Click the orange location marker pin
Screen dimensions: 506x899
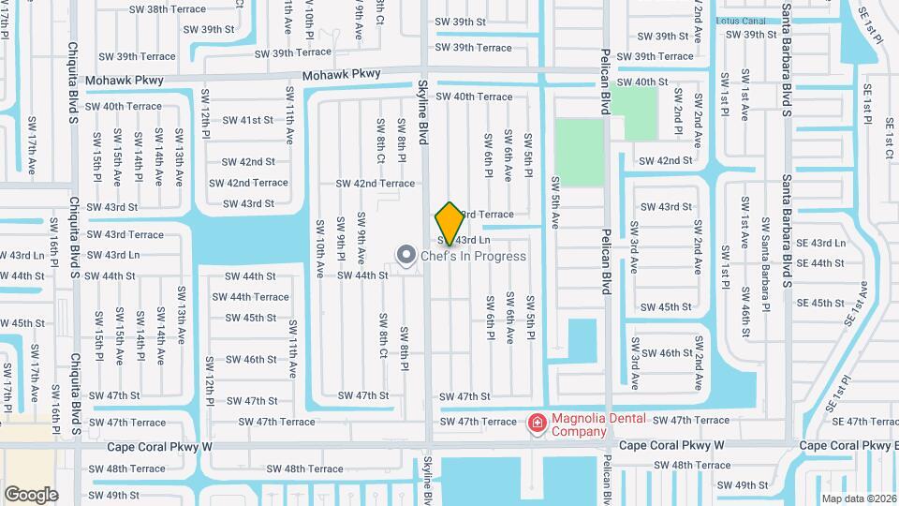[x=449, y=223]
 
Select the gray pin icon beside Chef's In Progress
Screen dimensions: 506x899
[x=405, y=255]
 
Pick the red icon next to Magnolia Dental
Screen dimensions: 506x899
[x=538, y=424]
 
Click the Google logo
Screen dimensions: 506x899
[x=31, y=494]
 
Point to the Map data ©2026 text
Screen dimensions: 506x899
[x=859, y=499]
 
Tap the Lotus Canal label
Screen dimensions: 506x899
[x=740, y=20]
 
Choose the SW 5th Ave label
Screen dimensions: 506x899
[x=554, y=202]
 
